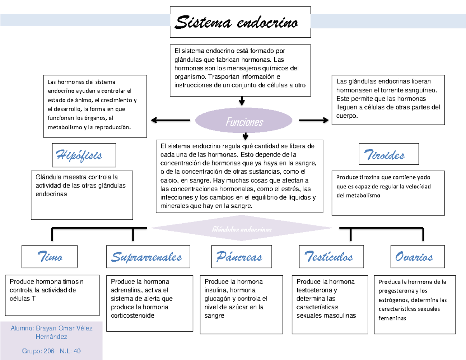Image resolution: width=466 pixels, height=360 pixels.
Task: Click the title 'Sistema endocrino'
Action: (237, 23)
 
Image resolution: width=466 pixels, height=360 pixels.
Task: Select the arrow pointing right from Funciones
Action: (313, 121)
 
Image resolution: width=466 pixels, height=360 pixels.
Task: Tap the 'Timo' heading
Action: (50, 257)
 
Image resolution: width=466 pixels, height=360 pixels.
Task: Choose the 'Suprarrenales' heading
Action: (146, 257)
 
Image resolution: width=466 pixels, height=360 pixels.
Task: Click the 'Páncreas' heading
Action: (239, 257)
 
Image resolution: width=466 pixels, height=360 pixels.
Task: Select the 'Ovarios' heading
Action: (414, 257)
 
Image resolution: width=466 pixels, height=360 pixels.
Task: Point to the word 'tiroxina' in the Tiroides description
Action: (362, 177)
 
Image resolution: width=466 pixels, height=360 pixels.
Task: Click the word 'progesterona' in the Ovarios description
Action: (396, 291)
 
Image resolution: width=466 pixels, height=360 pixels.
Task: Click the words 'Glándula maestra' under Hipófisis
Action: (56, 177)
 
